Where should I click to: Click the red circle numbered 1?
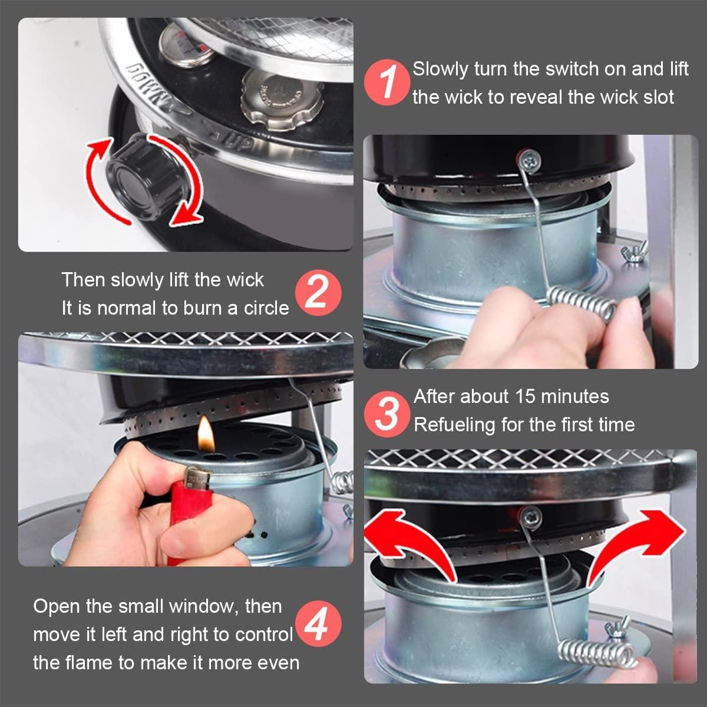(387, 82)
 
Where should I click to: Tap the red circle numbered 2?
(318, 293)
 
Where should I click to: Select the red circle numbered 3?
(387, 414)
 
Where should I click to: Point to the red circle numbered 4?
(318, 624)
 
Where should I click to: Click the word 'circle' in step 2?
(267, 308)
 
